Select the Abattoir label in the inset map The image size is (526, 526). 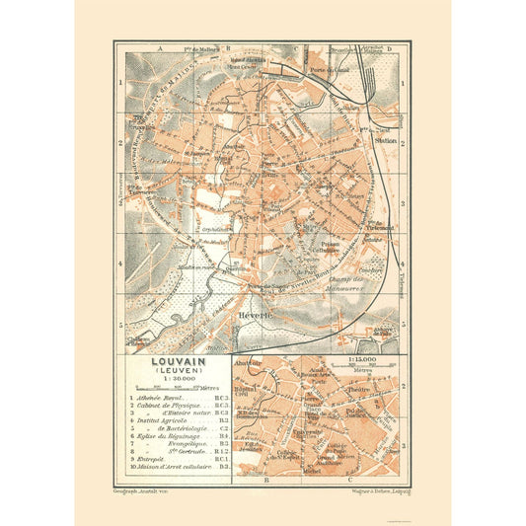(x=249, y=362)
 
